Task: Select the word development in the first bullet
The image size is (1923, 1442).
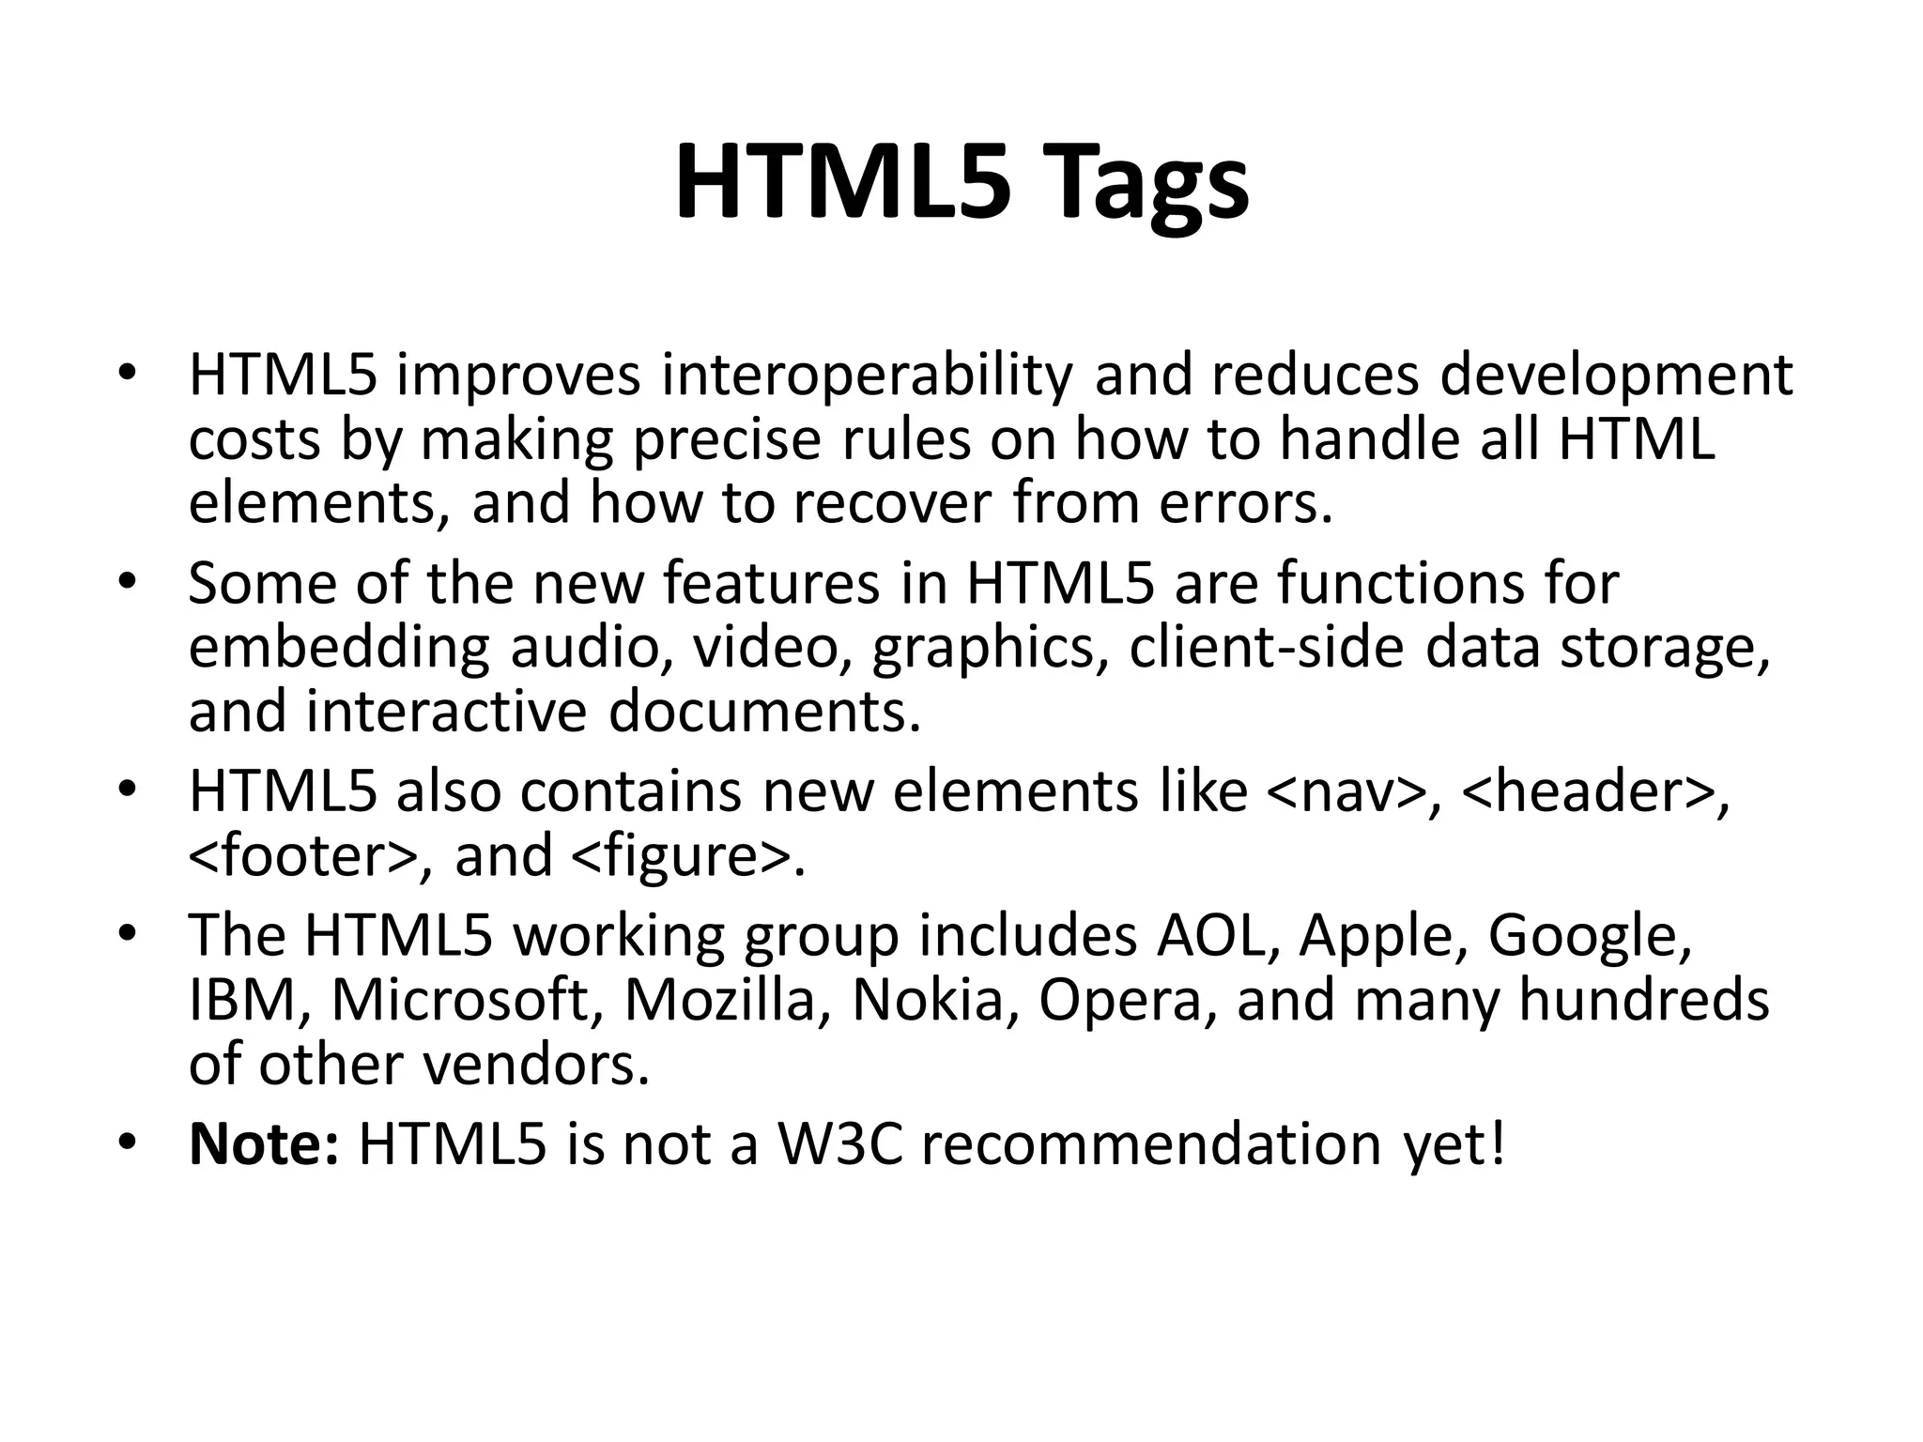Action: pyautogui.click(x=1616, y=375)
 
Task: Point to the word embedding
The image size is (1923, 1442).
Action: pyautogui.click(x=339, y=648)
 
